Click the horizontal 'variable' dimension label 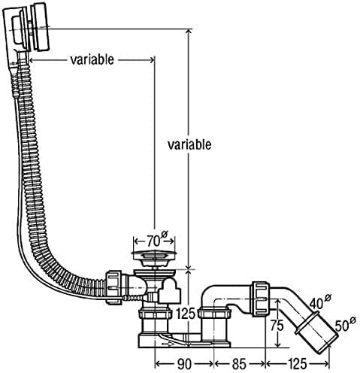(92, 59)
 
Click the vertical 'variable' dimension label (189, 144)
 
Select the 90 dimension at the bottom (184, 364)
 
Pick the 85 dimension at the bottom (239, 364)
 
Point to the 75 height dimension (277, 326)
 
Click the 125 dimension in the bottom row (297, 364)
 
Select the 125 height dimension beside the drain (186, 314)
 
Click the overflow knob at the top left (40, 27)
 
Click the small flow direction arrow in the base (168, 344)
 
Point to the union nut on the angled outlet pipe (260, 299)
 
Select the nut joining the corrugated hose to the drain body (114, 287)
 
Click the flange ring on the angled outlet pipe (307, 323)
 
